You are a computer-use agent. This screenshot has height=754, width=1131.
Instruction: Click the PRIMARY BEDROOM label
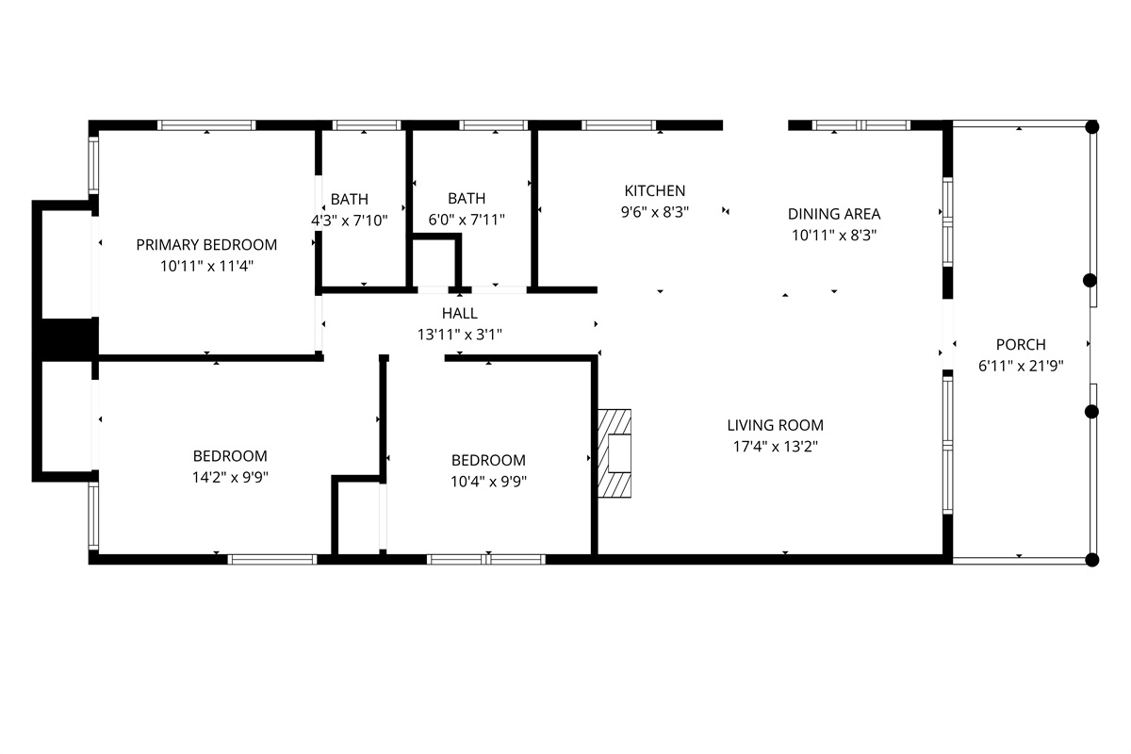(206, 245)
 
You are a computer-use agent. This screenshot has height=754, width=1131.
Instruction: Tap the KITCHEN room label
(655, 191)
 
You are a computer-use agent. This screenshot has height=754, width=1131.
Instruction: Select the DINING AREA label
(834, 214)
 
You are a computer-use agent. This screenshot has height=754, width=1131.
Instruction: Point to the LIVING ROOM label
(775, 425)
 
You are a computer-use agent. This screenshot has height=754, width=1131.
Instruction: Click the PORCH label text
(1021, 344)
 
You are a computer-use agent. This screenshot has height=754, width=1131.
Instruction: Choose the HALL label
(460, 313)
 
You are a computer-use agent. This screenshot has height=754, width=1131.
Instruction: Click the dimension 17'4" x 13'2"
(775, 447)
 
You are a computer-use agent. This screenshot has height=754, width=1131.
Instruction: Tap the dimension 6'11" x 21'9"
(1021, 366)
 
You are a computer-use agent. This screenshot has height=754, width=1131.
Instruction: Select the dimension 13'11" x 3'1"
(460, 335)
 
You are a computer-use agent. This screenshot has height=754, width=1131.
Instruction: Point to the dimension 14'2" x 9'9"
(230, 477)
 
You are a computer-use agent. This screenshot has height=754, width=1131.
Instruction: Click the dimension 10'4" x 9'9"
(488, 482)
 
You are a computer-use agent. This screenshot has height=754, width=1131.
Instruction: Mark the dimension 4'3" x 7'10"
(350, 221)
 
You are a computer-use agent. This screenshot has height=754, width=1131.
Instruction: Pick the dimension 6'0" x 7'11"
(467, 220)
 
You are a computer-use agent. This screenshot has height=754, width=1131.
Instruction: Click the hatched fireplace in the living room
(615, 453)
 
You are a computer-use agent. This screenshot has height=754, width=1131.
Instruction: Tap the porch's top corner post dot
(1092, 126)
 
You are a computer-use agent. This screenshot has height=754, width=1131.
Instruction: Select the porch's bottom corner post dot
(1092, 560)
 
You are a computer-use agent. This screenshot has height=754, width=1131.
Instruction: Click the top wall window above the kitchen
(618, 125)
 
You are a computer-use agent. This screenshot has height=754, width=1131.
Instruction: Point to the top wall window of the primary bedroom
(206, 125)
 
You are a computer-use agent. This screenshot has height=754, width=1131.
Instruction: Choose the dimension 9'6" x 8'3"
(655, 212)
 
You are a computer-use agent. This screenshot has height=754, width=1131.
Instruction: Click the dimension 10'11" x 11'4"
(206, 266)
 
